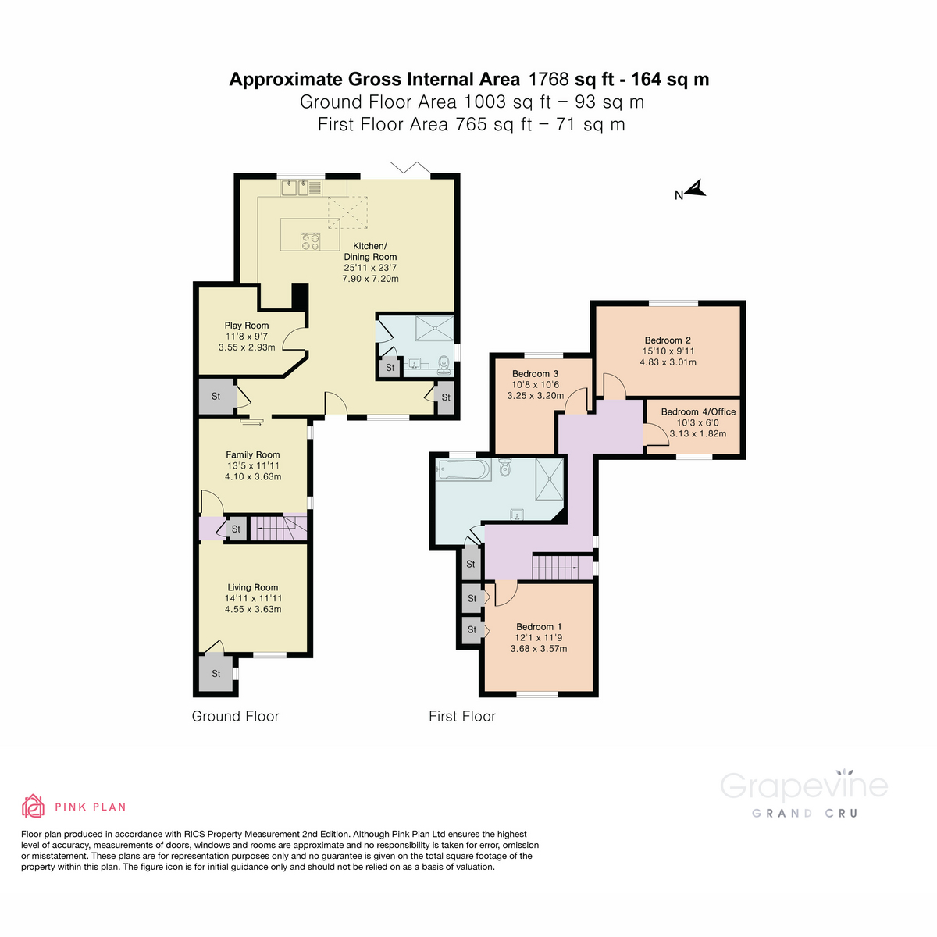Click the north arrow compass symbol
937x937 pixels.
pos(696,189)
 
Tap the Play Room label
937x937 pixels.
pos(246,326)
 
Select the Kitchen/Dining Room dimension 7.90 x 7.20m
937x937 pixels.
pos(370,279)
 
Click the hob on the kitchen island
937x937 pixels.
pos(310,242)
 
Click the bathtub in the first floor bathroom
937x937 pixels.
pos(464,470)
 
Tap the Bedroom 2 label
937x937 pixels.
pos(668,340)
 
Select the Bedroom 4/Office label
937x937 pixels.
pos(698,412)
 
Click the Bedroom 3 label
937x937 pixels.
pos(535,374)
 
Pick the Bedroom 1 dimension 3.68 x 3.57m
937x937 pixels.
pos(538,649)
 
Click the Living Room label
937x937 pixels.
pos(252,587)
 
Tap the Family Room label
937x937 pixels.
pos(252,454)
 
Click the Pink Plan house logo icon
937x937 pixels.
pos(33,806)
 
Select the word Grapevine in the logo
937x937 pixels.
pos(803,786)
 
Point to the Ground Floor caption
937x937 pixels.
pos(235,716)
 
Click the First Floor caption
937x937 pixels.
pos(462,716)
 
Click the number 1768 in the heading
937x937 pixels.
pos(549,79)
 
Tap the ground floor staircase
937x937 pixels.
pos(278,528)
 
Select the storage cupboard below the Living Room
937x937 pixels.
pos(216,673)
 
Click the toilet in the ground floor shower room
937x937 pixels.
pos(444,363)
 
